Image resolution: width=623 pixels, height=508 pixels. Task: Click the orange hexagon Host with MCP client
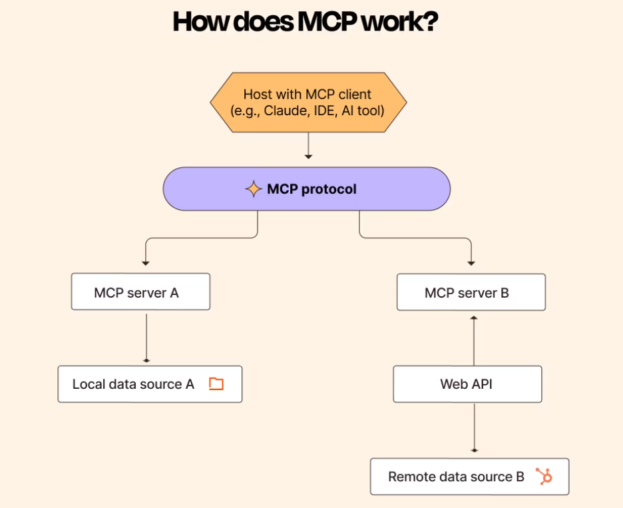(308, 103)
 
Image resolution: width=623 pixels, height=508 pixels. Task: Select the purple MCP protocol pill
(307, 189)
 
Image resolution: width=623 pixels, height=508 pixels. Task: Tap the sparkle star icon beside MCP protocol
(253, 189)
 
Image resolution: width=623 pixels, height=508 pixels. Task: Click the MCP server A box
(140, 292)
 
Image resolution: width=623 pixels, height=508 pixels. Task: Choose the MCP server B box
(471, 292)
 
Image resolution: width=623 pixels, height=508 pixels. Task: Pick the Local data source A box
(150, 384)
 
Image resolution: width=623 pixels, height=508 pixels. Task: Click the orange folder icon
(216, 383)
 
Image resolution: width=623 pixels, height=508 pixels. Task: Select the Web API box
(467, 384)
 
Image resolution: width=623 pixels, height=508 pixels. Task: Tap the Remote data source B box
(469, 477)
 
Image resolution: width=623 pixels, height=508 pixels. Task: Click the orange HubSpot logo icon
(544, 477)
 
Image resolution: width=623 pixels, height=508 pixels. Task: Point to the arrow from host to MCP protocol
(308, 146)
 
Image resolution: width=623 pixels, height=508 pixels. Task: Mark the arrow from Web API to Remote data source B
(474, 429)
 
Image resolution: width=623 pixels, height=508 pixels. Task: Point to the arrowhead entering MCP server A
(145, 264)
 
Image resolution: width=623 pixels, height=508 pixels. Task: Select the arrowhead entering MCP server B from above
(471, 264)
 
